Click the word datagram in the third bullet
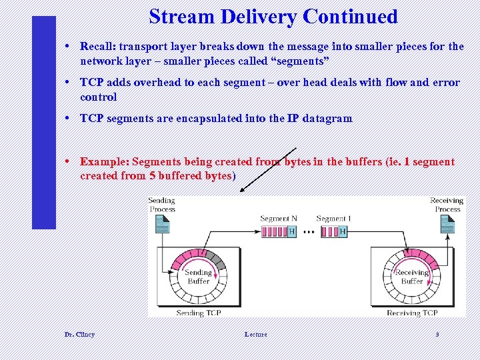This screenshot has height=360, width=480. (327, 119)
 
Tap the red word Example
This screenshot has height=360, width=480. (104, 162)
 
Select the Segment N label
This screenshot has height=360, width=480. (279, 219)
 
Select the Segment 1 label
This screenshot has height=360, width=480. (333, 219)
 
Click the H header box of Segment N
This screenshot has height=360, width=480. (292, 232)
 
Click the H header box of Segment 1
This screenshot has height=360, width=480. (343, 232)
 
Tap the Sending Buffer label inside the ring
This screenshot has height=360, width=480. (199, 277)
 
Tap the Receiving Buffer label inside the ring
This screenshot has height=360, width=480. (411, 277)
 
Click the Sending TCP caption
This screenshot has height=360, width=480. (199, 313)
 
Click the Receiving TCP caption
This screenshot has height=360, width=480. (412, 313)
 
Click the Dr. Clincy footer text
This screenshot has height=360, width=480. (79, 334)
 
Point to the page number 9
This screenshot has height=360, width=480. (437, 334)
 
